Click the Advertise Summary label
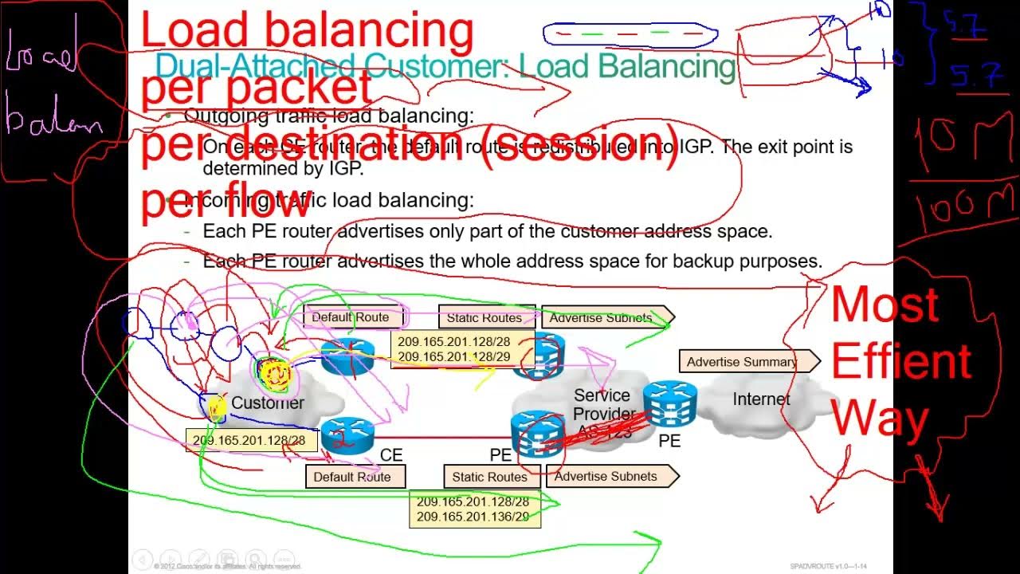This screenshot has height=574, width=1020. click(x=742, y=362)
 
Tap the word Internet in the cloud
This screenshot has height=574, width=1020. click(x=761, y=399)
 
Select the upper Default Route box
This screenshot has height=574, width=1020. click(x=351, y=317)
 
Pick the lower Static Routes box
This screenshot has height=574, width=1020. click(x=489, y=477)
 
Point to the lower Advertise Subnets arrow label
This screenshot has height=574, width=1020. click(x=606, y=477)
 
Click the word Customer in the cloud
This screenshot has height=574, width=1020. click(x=267, y=403)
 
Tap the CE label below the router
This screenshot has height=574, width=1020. click(x=390, y=455)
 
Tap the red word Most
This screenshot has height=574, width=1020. click(x=885, y=305)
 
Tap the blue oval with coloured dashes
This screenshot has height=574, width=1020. click(x=630, y=35)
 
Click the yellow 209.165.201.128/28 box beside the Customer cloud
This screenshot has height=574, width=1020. click(x=249, y=440)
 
